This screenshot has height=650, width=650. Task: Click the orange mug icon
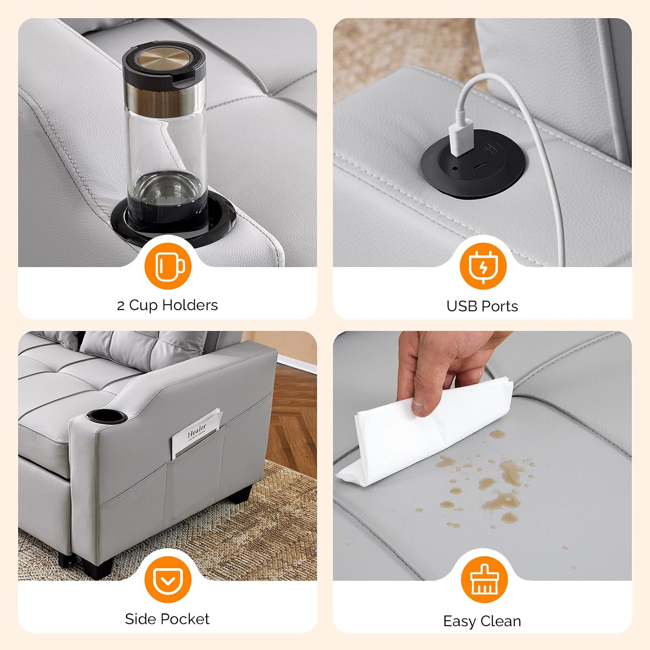[x=168, y=266]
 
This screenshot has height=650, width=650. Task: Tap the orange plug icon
[x=483, y=266]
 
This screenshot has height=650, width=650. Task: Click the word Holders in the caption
[x=190, y=305]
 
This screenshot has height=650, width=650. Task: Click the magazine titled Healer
[x=196, y=433]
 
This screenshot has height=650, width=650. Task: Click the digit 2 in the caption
[x=121, y=306]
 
